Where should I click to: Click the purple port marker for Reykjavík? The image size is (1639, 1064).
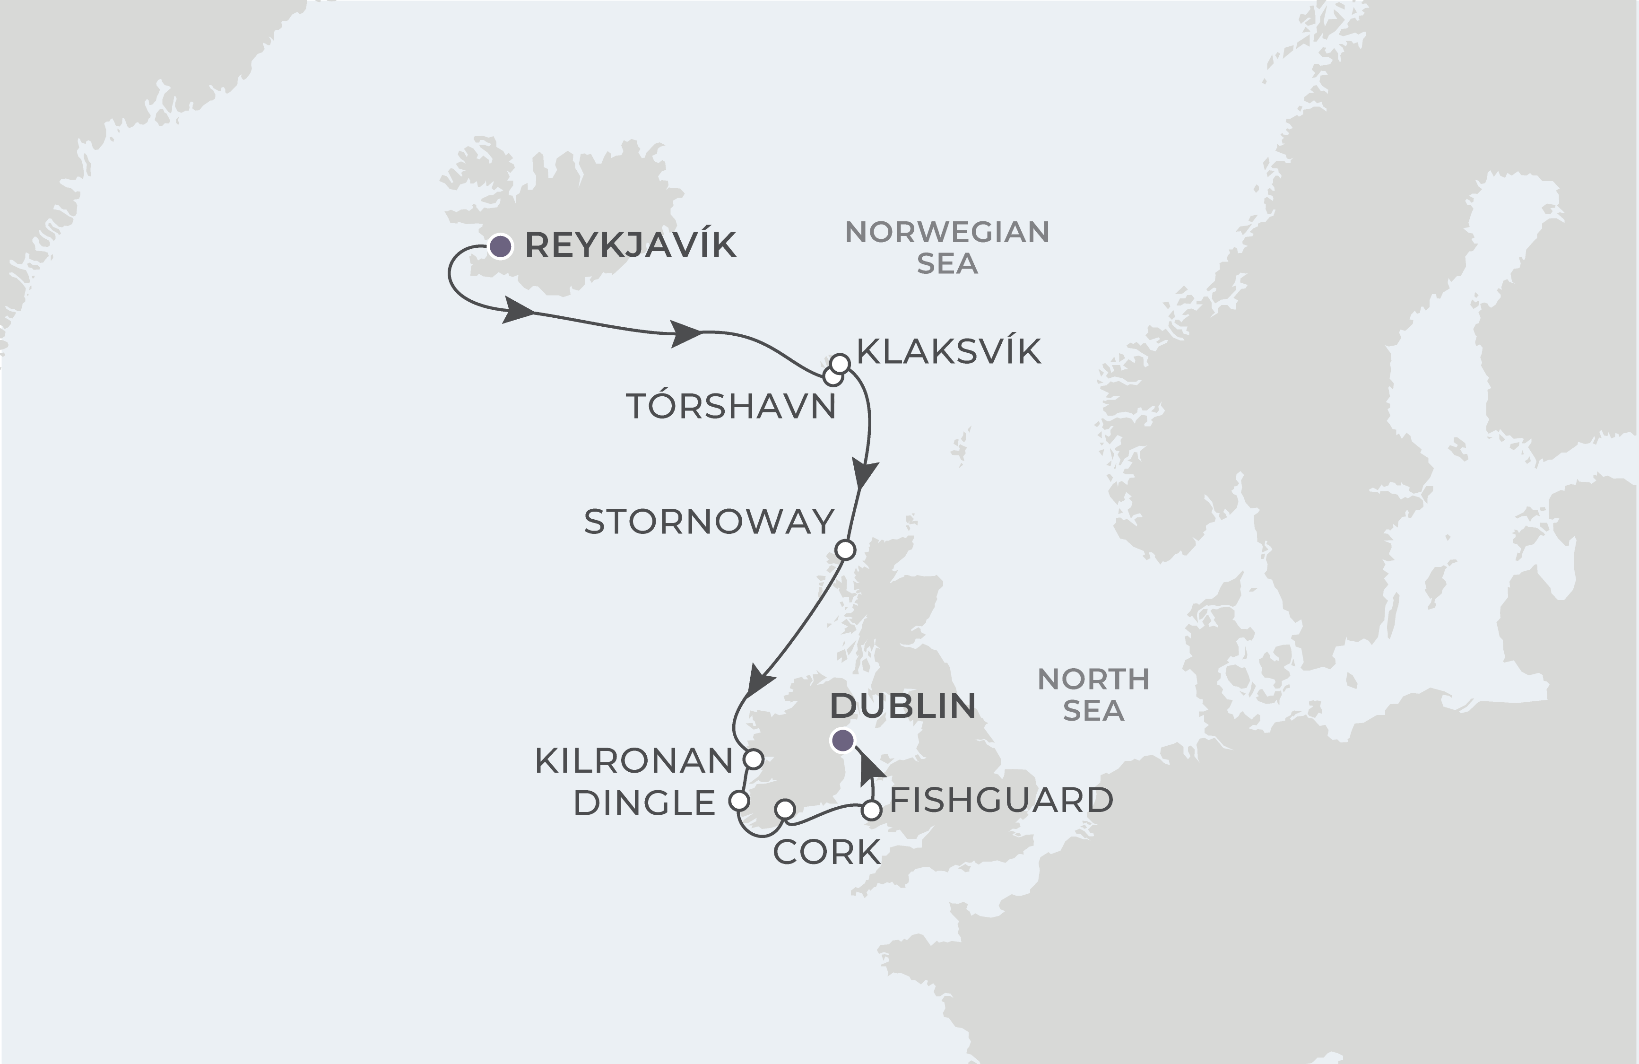point(501,246)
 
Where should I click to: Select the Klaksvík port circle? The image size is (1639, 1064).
point(840,363)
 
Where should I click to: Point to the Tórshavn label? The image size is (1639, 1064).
point(731,407)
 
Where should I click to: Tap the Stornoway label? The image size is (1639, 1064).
point(709,522)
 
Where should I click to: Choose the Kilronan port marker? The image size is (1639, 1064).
point(754,759)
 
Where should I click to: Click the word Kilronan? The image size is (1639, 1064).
point(633,761)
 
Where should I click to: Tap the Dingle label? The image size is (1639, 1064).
point(644,803)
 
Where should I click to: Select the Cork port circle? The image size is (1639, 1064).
point(785,809)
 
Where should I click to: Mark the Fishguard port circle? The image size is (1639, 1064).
point(872,811)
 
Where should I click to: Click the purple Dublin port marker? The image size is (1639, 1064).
point(843,741)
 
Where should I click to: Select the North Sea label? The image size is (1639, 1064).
point(1093,695)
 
